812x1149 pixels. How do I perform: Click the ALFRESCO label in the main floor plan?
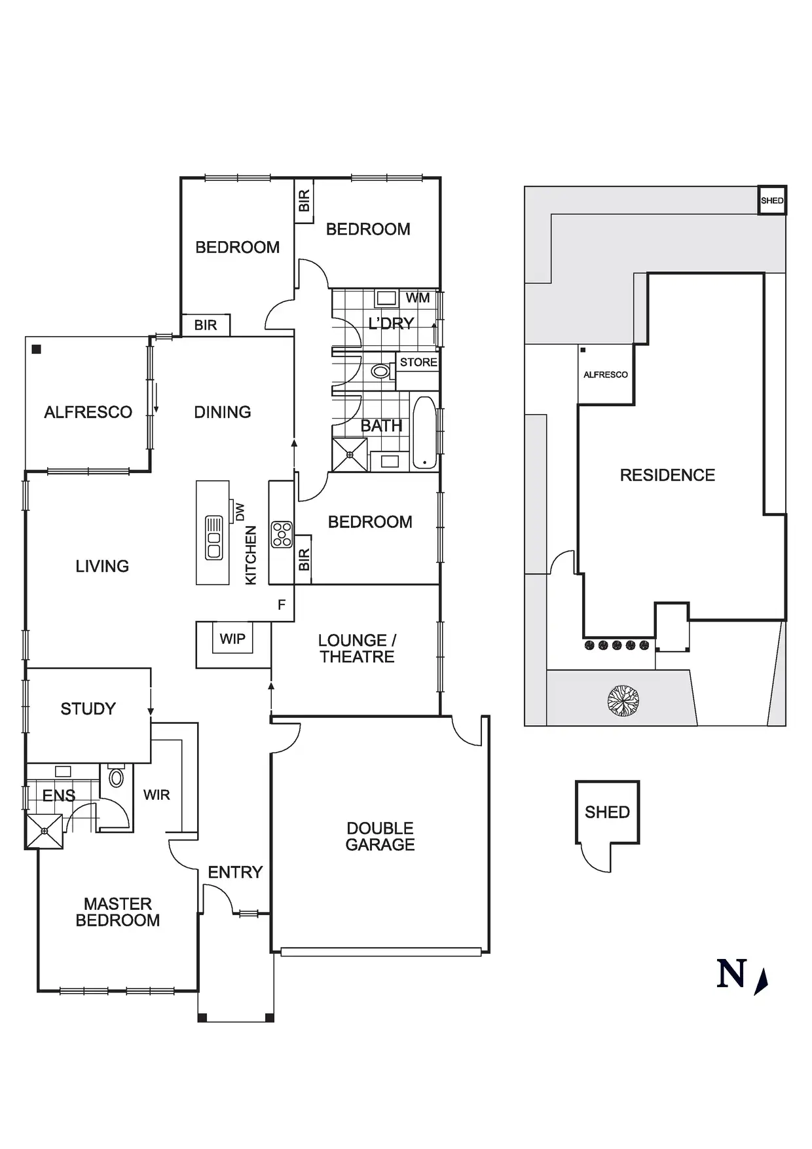88,412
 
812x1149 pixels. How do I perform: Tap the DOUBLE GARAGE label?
380,837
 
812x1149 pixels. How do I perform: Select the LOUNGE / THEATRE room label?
357,649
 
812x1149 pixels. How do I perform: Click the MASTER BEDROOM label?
118,912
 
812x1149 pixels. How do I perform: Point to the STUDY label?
88,709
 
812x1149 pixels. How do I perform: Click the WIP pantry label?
232,639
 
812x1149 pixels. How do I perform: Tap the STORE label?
418,362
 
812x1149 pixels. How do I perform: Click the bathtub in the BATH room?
424,432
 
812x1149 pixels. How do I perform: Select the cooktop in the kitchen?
282,534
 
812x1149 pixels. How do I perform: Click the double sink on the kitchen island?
214,538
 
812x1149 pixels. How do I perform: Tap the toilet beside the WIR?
117,778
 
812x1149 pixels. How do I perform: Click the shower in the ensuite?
45,831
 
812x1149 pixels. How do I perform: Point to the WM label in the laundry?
418,298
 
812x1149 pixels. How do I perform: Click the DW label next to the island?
240,512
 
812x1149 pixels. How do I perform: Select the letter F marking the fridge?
282,605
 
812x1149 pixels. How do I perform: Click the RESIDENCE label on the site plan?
667,475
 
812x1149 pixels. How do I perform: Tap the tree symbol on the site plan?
622,700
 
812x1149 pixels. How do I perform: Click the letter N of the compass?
731,973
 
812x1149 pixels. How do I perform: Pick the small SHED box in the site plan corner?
772,200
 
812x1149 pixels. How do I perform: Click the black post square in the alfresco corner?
37,349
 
